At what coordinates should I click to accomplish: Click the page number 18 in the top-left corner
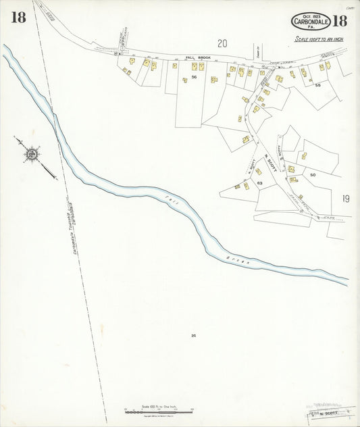(18, 18)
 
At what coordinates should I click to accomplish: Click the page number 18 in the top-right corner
(339, 20)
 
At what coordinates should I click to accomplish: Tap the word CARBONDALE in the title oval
(311, 22)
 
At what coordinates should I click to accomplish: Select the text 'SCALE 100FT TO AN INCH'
(320, 39)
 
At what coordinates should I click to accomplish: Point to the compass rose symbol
(31, 154)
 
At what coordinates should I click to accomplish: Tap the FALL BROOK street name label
(199, 58)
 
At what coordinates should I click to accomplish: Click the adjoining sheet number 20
(222, 43)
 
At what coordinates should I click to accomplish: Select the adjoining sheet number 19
(346, 199)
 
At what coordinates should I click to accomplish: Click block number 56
(194, 78)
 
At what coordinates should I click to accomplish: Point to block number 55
(317, 85)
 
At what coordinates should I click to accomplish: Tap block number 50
(313, 175)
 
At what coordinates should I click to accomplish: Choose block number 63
(259, 182)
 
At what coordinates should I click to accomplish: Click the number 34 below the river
(193, 335)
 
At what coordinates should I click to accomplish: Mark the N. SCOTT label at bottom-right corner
(327, 413)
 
